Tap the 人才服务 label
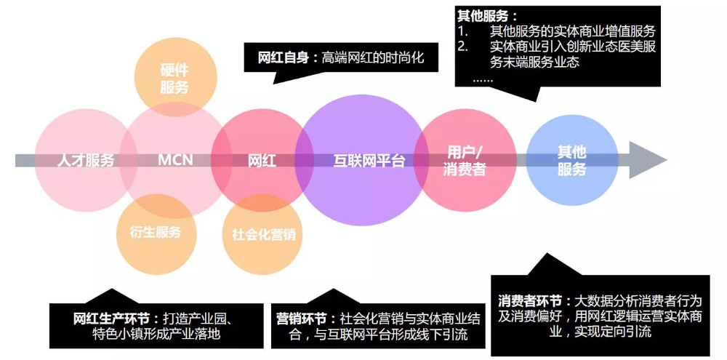click(x=86, y=161)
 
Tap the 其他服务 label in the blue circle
click(x=571, y=161)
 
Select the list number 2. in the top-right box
click(x=464, y=47)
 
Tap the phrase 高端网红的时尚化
click(x=372, y=57)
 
